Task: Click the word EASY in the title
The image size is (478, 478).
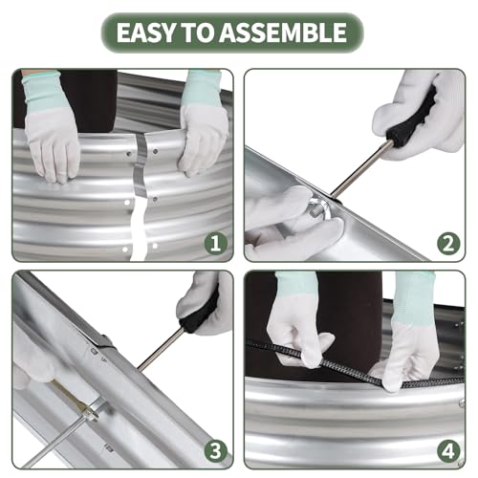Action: [146, 33]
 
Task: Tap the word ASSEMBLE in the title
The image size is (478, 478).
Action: [283, 33]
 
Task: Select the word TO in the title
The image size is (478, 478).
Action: [198, 33]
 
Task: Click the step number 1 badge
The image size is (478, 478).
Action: [216, 244]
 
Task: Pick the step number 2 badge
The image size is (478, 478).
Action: [448, 244]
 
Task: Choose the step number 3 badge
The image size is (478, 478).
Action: [216, 451]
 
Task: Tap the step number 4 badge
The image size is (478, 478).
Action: [448, 451]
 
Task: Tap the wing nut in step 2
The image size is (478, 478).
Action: [319, 208]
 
